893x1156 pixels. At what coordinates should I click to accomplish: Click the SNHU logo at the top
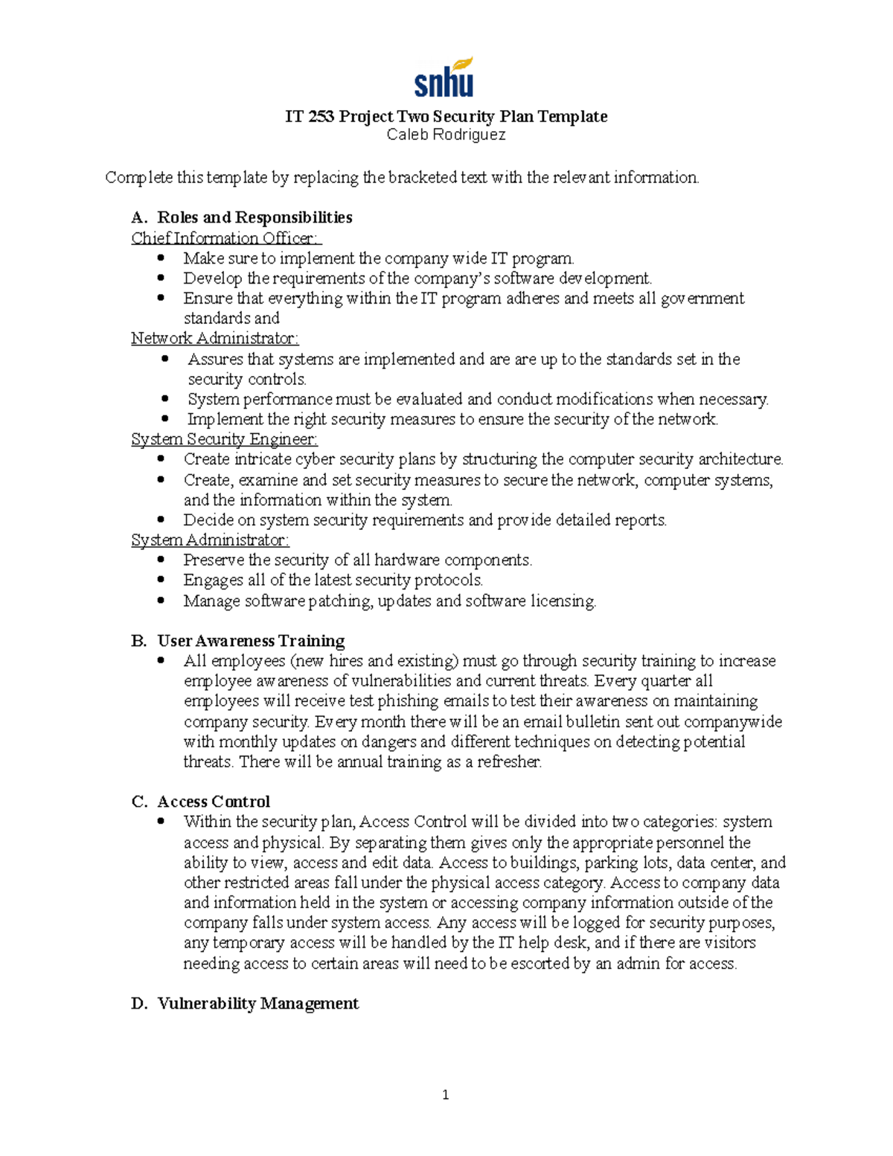pyautogui.click(x=444, y=77)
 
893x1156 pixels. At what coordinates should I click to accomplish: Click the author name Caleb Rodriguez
pyautogui.click(x=446, y=135)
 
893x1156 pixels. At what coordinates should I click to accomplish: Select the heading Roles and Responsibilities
pyautogui.click(x=255, y=217)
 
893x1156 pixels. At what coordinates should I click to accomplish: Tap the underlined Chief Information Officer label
pyautogui.click(x=225, y=238)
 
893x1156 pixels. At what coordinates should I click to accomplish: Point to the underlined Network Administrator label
pyautogui.click(x=214, y=339)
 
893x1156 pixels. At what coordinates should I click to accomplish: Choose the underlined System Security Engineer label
pyautogui.click(x=224, y=439)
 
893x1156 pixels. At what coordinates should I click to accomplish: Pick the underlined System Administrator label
pyautogui.click(x=210, y=540)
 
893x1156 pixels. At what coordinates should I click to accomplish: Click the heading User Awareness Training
pyautogui.click(x=251, y=641)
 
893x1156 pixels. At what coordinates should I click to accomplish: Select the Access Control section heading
pyautogui.click(x=214, y=802)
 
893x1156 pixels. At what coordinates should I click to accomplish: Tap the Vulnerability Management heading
pyautogui.click(x=257, y=1003)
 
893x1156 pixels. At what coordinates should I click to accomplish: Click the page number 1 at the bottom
pyautogui.click(x=445, y=1094)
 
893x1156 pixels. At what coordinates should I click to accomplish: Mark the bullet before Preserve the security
pyautogui.click(x=161, y=560)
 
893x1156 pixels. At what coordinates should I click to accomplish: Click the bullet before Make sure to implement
pyautogui.click(x=161, y=258)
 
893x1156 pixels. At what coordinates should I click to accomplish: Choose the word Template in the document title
pyautogui.click(x=572, y=117)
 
